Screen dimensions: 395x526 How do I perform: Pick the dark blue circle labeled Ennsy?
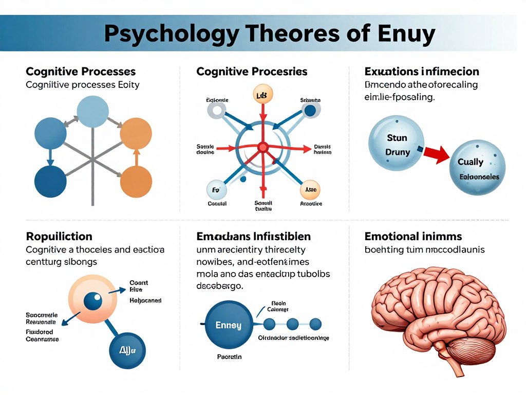228,325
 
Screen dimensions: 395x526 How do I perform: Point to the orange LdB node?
263,95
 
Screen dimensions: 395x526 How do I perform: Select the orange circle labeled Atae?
310,190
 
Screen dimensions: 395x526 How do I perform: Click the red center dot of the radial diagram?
263,148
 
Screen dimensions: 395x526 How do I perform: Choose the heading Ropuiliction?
59,237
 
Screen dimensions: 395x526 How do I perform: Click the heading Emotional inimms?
413,237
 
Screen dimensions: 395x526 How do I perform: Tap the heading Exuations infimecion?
421,71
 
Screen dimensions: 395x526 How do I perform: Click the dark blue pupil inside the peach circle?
93,301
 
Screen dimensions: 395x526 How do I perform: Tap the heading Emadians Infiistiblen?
253,237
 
